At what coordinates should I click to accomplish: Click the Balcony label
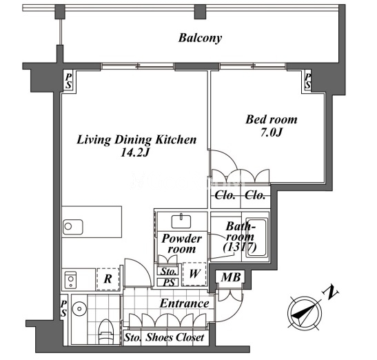(200, 38)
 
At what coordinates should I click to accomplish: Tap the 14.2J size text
(135, 152)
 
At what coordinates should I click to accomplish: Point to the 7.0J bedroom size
(272, 132)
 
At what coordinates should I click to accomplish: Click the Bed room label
(272, 119)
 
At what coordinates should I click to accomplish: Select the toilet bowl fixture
(106, 332)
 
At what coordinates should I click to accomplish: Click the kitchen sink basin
(73, 227)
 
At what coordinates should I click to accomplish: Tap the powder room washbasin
(181, 221)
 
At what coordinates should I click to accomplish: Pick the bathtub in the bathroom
(257, 237)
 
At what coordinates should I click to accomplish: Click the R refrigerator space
(108, 279)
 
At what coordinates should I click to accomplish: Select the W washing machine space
(194, 274)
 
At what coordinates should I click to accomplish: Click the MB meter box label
(231, 277)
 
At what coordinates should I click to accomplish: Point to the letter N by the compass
(330, 292)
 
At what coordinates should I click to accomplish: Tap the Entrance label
(185, 303)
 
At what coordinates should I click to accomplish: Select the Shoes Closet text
(175, 337)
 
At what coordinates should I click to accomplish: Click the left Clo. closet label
(225, 195)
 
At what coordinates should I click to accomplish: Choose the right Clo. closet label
(255, 195)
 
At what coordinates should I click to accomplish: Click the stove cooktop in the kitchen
(70, 279)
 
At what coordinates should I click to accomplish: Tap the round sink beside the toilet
(79, 308)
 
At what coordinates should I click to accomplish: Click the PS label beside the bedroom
(308, 81)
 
